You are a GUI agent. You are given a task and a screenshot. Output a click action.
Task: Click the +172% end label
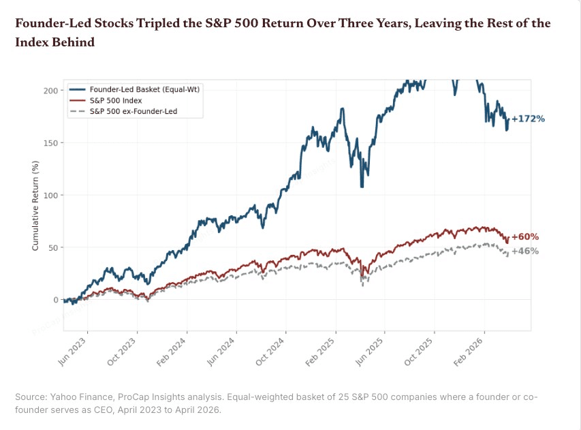[528, 119]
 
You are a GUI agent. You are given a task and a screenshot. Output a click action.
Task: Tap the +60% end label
[525, 237]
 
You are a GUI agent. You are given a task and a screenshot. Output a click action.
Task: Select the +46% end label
[525, 251]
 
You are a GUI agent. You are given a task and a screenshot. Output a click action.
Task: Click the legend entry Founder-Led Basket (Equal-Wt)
[147, 89]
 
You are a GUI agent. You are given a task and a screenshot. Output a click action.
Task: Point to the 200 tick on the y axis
[50, 91]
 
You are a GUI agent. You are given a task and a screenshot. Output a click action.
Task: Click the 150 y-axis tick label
[50, 143]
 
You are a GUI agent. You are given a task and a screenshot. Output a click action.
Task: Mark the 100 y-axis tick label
[50, 196]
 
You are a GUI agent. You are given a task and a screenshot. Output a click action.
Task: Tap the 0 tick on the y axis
[54, 301]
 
